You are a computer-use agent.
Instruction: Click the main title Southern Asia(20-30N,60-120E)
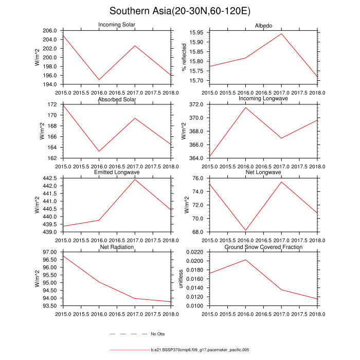click(179, 11)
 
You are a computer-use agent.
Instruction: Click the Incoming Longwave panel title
click(263, 98)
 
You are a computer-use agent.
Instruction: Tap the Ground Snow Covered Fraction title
click(263, 247)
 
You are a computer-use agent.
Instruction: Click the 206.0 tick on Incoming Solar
click(51, 31)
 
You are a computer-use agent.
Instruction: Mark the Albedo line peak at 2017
click(281, 34)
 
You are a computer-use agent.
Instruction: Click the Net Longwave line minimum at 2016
click(245, 230)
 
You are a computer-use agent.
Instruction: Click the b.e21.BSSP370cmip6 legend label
click(200, 350)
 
